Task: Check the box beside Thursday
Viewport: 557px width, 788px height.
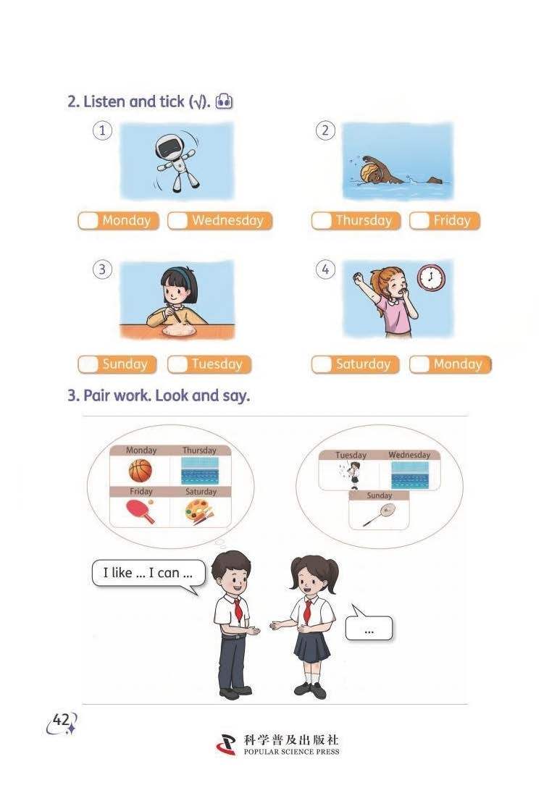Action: [x=322, y=221]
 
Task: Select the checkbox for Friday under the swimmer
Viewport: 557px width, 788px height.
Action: [x=420, y=221]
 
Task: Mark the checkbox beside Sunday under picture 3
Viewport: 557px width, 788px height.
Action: [x=88, y=364]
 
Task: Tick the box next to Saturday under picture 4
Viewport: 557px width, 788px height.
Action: [x=322, y=364]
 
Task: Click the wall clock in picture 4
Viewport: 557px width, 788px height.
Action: [x=431, y=277]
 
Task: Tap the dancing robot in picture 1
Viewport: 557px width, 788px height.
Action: [x=177, y=162]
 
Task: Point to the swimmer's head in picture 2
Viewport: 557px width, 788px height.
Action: [x=371, y=171]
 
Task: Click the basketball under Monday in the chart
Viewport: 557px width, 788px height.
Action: [x=141, y=471]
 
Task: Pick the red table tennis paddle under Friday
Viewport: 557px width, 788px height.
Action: [x=141, y=511]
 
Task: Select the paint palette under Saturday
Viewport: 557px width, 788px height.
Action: [x=200, y=512]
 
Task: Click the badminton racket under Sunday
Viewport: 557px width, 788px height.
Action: [x=380, y=515]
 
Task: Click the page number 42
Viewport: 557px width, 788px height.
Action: [x=62, y=720]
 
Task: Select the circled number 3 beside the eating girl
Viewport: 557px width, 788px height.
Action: [x=102, y=269]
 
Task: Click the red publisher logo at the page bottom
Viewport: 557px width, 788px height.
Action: [x=227, y=745]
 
